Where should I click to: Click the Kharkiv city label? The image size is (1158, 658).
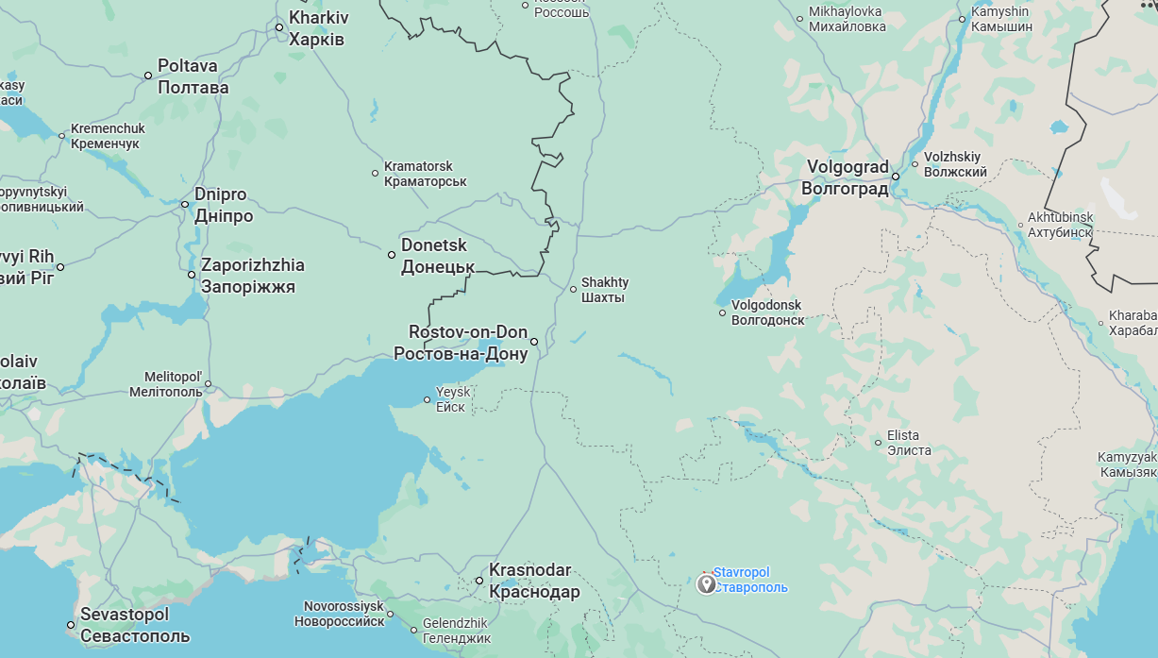coord(317,28)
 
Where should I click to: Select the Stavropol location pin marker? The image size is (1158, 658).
coord(706,584)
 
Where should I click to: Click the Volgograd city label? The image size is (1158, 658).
coord(845,177)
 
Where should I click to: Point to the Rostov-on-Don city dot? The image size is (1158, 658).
coord(534,342)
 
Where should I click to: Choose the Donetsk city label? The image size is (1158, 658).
coord(438,256)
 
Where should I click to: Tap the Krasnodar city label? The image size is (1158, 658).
coord(534,582)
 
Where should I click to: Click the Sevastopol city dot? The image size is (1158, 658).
coord(71,625)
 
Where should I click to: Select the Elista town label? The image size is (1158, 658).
coord(909,443)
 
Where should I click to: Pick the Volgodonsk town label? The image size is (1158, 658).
coord(767,312)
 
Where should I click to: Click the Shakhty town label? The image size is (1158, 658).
coord(604,290)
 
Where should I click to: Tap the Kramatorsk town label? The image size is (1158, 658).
coord(425,173)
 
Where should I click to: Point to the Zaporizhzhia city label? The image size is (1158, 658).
coord(252,276)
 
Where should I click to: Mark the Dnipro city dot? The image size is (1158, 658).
coord(185,204)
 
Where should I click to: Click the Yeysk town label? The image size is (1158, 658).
coord(451,399)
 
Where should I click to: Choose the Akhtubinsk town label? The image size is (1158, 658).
coord(1060,225)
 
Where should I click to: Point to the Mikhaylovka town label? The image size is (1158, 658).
coord(847,19)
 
